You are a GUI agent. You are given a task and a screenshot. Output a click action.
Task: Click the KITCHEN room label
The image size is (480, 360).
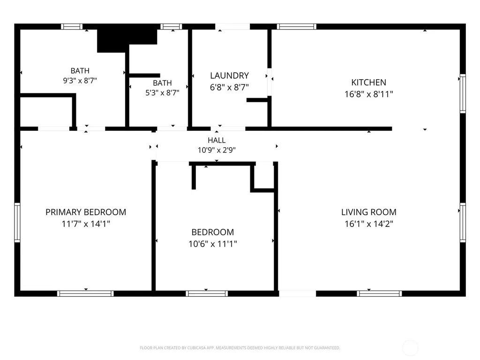point(368,82)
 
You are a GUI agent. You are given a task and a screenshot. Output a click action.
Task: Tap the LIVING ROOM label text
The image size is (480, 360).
point(368,212)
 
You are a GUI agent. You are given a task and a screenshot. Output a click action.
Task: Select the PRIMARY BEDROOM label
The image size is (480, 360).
point(86,212)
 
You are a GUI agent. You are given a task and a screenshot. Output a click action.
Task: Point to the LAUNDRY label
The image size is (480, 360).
point(229,75)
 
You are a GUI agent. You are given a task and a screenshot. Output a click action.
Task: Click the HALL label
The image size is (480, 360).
point(217,140)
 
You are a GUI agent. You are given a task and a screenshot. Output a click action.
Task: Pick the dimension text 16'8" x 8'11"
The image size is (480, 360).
point(368,94)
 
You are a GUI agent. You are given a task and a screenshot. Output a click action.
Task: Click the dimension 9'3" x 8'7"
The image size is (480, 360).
point(80,81)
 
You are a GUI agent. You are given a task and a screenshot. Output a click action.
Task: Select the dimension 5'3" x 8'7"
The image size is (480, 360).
point(162,93)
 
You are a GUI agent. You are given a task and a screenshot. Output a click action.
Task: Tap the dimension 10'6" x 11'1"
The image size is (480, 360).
point(213,244)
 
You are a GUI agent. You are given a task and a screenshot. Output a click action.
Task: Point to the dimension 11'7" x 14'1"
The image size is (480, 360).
point(86,224)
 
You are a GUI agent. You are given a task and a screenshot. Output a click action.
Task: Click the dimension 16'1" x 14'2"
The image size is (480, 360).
point(368,224)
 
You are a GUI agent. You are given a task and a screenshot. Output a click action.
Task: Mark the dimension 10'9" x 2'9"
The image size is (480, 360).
point(217,150)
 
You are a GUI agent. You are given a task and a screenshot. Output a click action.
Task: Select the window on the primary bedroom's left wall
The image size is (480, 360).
point(17,223)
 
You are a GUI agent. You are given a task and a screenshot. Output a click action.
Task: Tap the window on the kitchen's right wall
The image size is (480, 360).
point(463,93)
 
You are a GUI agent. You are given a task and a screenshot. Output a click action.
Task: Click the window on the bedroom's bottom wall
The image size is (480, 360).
point(207,293)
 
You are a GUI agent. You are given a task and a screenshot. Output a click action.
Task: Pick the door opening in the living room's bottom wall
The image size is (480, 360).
point(297,293)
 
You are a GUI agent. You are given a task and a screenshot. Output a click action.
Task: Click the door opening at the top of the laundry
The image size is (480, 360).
point(232,27)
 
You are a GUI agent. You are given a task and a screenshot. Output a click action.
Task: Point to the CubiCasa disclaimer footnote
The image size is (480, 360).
point(240,348)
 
